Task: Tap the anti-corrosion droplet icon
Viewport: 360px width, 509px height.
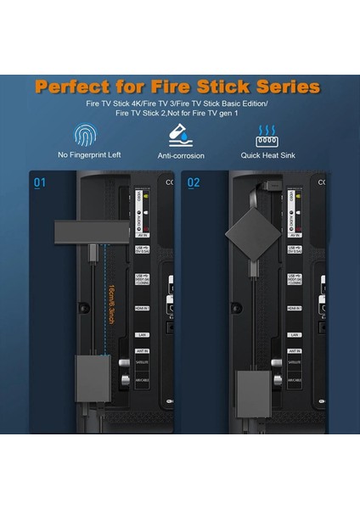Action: coord(181,135)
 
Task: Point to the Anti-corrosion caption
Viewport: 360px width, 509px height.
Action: coord(181,155)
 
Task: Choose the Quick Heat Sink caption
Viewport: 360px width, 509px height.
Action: coord(269,155)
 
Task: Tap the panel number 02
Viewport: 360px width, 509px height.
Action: coord(194,182)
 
